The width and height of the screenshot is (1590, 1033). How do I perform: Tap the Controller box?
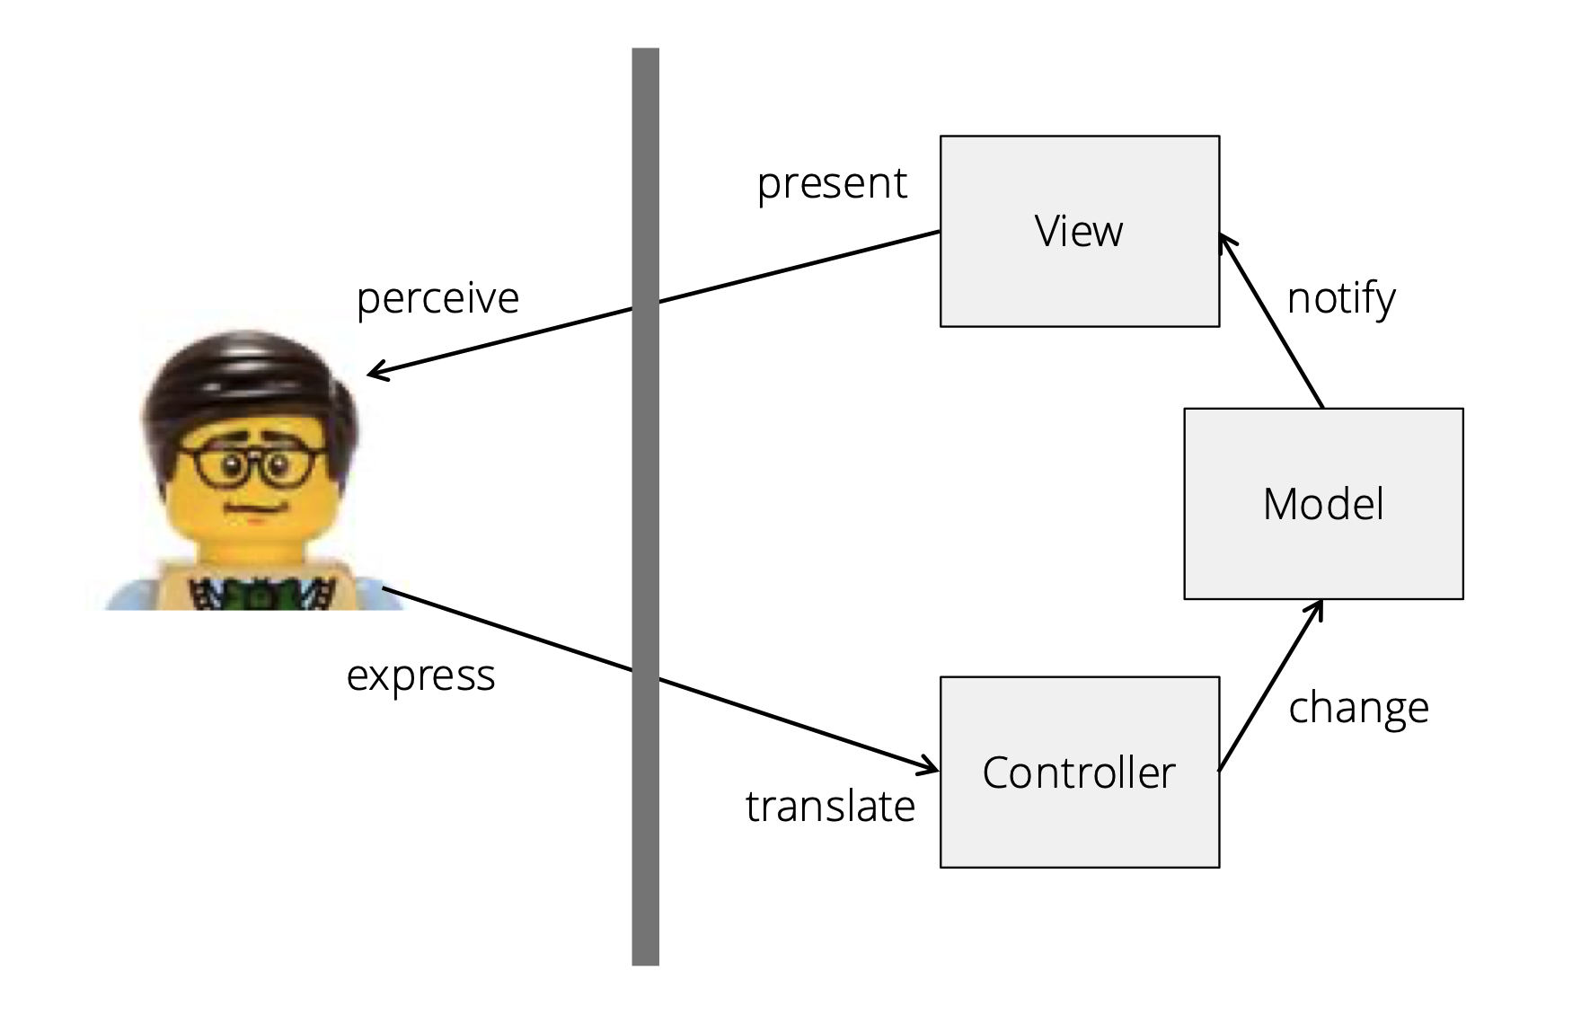pyautogui.click(x=1078, y=826)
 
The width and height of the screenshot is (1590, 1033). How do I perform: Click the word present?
pyautogui.click(x=832, y=184)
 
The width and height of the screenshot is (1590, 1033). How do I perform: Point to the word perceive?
pyautogui.click(x=437, y=298)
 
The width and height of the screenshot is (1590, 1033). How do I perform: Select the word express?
pyautogui.click(x=420, y=675)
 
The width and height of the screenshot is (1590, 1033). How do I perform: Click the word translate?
pyautogui.click(x=830, y=806)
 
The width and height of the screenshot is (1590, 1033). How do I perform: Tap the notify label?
pyautogui.click(x=1341, y=298)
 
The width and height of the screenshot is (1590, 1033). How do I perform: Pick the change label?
pyautogui.click(x=1358, y=708)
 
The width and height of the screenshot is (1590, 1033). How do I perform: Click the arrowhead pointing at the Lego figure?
pyautogui.click(x=374, y=373)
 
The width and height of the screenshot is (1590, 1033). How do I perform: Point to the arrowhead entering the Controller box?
pyautogui.click(x=931, y=768)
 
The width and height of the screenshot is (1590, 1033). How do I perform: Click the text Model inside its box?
pyautogui.click(x=1322, y=504)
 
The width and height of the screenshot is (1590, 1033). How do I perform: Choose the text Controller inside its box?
pyautogui.click(x=1078, y=773)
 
